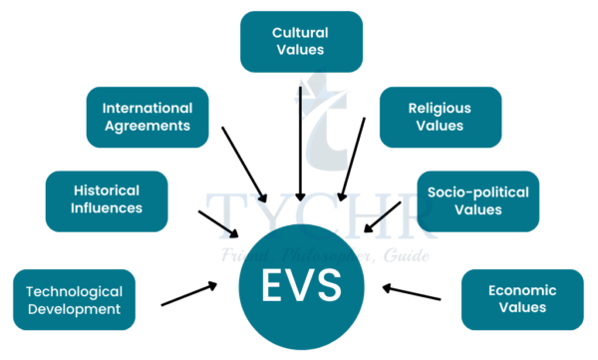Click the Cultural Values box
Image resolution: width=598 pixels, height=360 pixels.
click(x=300, y=41)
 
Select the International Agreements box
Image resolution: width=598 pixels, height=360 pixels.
click(x=148, y=117)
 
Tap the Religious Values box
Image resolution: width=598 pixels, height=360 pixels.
click(x=440, y=117)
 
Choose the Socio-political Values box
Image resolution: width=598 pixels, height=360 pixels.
click(x=476, y=200)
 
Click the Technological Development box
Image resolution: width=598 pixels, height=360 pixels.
click(x=74, y=299)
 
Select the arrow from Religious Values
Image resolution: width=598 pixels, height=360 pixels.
click(x=352, y=160)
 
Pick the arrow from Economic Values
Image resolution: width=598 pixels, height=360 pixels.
click(x=412, y=293)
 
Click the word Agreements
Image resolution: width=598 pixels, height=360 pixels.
click(x=148, y=126)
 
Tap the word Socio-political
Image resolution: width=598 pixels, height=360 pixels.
click(x=477, y=190)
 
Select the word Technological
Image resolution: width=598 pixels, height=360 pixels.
click(x=74, y=291)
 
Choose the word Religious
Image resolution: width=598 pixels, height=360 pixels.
click(x=440, y=107)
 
